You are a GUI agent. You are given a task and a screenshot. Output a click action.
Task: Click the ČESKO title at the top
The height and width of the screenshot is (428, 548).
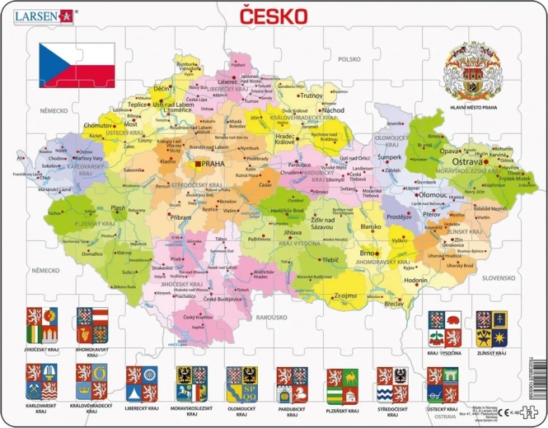click(274, 16)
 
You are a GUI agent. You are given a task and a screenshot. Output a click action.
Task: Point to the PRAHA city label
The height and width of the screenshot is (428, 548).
click(213, 163)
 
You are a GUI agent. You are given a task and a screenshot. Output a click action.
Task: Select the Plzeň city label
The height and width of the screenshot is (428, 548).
click(119, 208)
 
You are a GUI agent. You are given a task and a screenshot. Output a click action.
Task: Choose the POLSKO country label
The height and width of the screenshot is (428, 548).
click(349, 59)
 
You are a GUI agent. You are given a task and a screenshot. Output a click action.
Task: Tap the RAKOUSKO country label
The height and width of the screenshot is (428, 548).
click(271, 317)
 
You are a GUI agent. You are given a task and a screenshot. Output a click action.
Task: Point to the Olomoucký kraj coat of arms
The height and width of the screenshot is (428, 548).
click(241, 383)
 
